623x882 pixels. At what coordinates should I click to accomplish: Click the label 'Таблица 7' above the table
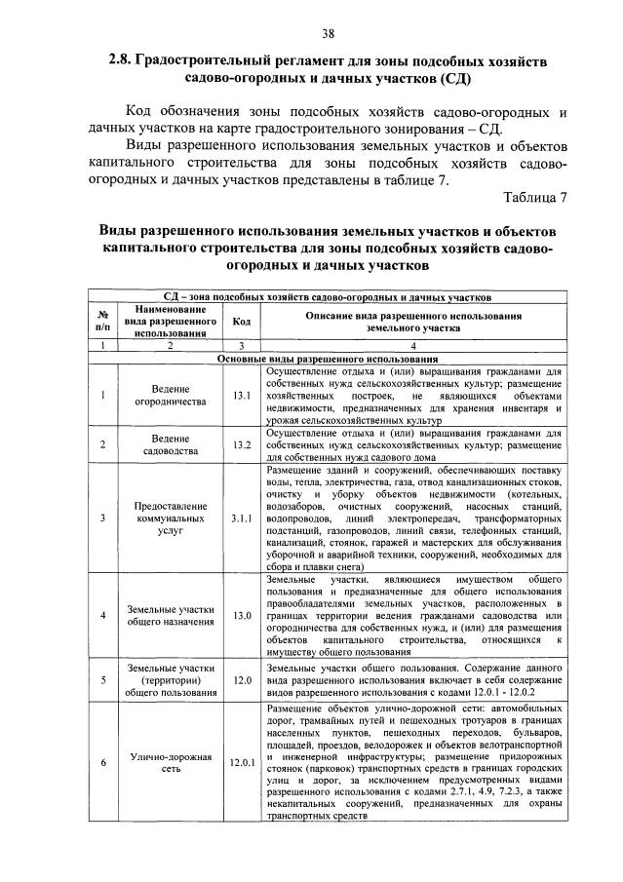(x=534, y=199)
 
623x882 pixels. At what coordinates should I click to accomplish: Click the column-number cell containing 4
(x=413, y=346)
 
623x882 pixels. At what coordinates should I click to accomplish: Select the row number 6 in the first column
(x=102, y=762)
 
